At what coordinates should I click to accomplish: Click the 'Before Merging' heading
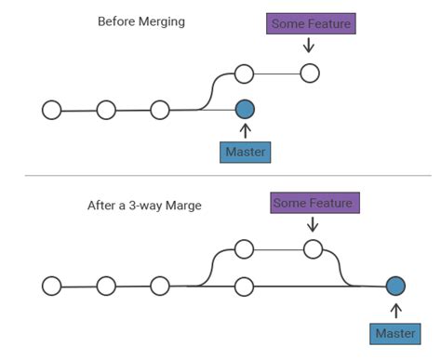[x=141, y=21]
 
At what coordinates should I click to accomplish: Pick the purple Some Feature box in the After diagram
[x=314, y=202]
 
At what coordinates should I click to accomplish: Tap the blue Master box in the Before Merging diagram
[x=246, y=151]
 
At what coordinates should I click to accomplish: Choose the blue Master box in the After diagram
[x=395, y=333]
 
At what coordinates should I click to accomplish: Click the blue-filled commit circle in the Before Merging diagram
[x=245, y=110]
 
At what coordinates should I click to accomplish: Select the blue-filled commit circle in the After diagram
[x=395, y=286]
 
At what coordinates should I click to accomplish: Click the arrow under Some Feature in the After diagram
[x=313, y=224]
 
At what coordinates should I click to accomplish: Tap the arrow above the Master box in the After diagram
[x=395, y=310]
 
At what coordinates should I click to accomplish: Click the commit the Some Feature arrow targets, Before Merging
[x=310, y=73]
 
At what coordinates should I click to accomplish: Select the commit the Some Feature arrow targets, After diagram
[x=313, y=248]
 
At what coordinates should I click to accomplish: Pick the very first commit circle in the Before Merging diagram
[x=52, y=110]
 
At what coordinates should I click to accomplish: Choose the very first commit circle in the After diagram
[x=52, y=285]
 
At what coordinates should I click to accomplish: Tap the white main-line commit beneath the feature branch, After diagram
[x=244, y=285]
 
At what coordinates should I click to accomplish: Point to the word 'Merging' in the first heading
[x=163, y=21]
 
